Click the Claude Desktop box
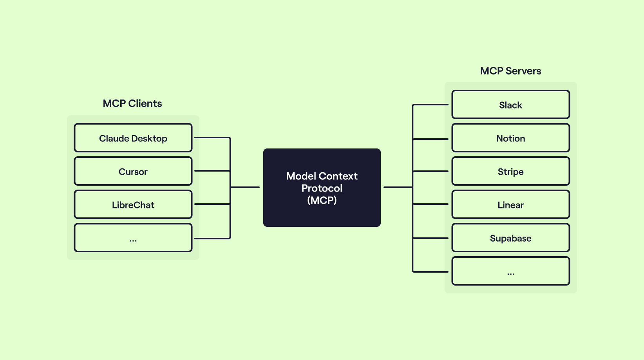[133, 138]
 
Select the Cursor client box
[133, 171]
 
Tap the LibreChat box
[133, 204]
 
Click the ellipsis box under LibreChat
[133, 238]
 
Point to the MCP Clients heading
[132, 103]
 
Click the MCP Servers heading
[510, 71]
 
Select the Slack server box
[510, 104]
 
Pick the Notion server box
[510, 138]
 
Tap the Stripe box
[510, 171]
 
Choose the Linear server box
[510, 204]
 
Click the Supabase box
[510, 238]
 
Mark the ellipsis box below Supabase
[510, 271]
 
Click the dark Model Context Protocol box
[322, 188]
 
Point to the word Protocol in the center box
[322, 188]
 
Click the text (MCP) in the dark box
[322, 200]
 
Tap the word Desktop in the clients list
[150, 139]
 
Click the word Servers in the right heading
[523, 71]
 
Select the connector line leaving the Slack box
[431, 105]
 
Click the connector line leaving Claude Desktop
[212, 138]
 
